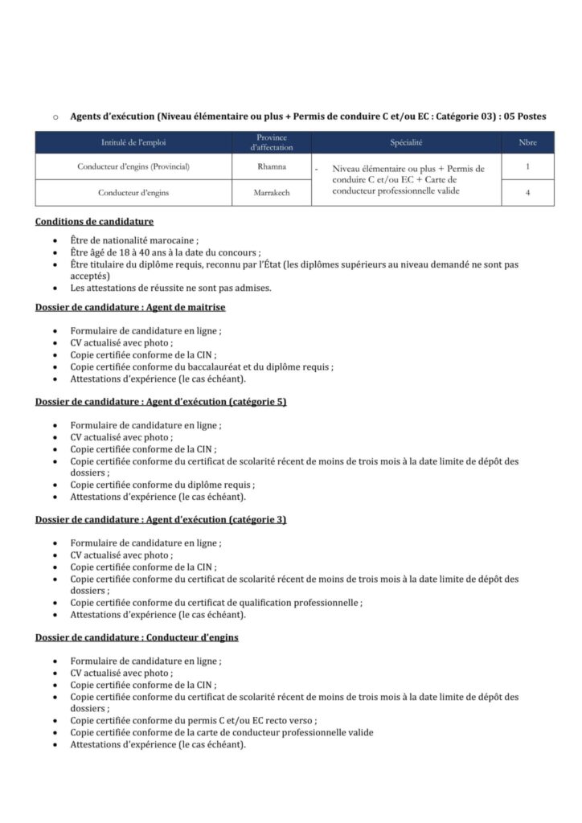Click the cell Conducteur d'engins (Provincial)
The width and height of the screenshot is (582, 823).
point(134,167)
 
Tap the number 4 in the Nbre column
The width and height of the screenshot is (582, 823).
point(527,193)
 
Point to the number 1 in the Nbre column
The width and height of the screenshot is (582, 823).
point(527,167)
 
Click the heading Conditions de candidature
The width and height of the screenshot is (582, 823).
point(95,222)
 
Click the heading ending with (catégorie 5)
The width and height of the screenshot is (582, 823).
point(161,402)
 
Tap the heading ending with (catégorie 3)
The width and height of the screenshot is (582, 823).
point(161,520)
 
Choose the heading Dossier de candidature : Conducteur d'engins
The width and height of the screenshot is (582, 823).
point(137,637)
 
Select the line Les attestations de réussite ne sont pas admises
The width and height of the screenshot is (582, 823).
point(170,287)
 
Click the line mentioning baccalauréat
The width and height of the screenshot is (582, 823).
point(201,366)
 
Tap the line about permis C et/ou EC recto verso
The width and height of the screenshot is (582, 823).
point(193,721)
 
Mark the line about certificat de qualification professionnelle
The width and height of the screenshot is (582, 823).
point(215,603)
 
